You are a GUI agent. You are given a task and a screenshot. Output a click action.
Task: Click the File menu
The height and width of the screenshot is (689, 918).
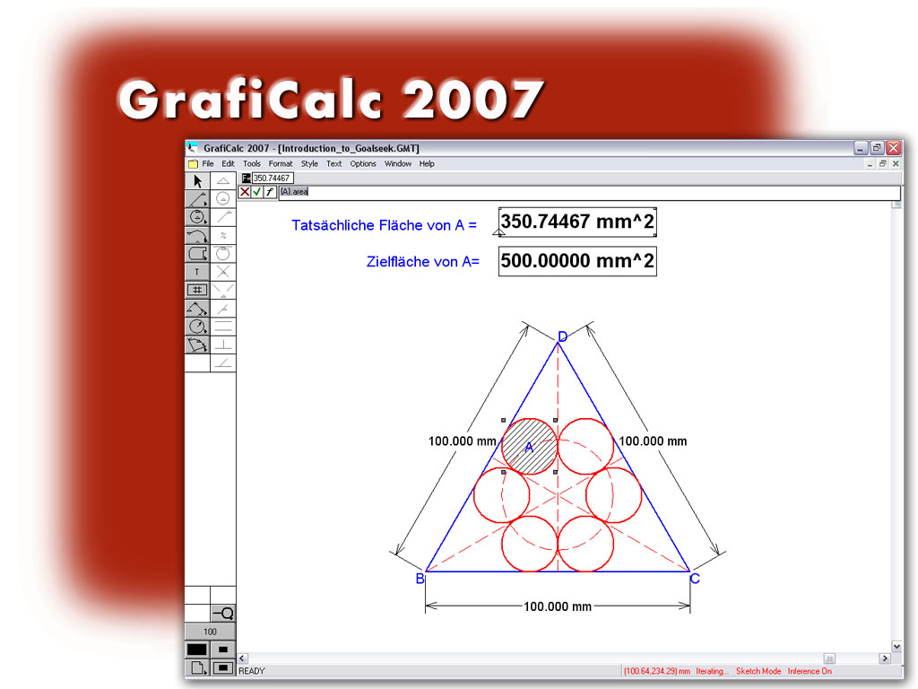click(207, 164)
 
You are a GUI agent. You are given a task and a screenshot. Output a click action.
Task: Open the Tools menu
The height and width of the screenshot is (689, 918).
click(252, 164)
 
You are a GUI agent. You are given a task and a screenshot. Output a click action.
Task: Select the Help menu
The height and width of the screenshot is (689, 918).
click(427, 164)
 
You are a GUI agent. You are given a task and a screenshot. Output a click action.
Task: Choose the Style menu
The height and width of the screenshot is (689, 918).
click(309, 164)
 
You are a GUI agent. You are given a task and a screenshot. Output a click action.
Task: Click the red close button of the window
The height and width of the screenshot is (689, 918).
click(894, 148)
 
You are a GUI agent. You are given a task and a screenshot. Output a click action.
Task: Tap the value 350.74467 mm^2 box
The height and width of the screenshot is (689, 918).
click(577, 222)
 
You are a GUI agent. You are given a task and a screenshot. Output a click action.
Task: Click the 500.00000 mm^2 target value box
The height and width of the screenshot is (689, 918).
click(577, 262)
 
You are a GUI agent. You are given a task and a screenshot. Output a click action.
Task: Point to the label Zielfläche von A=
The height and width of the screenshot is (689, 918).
click(423, 262)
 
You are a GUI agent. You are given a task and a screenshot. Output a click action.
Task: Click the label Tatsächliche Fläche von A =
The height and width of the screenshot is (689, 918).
click(384, 225)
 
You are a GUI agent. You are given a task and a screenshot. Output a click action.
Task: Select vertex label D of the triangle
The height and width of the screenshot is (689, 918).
click(562, 337)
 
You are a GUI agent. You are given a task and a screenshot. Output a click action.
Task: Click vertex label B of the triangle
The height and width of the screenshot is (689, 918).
click(420, 579)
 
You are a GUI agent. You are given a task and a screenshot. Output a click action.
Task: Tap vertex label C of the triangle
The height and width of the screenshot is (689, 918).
click(695, 579)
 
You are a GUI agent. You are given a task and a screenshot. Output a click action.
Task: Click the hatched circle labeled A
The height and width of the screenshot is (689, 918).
click(529, 446)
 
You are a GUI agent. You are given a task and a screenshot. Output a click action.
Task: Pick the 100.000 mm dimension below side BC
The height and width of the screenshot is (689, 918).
click(558, 606)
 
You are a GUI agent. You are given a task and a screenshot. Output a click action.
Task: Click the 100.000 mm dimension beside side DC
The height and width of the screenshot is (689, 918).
click(653, 440)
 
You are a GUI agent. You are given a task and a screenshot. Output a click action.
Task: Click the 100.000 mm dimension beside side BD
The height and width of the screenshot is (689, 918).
click(462, 440)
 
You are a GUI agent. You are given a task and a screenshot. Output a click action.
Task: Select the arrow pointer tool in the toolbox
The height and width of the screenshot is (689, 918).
click(197, 181)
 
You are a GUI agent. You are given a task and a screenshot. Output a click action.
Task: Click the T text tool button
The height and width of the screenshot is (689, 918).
click(197, 271)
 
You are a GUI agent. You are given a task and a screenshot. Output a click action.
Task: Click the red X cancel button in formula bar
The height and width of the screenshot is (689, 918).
click(245, 192)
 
